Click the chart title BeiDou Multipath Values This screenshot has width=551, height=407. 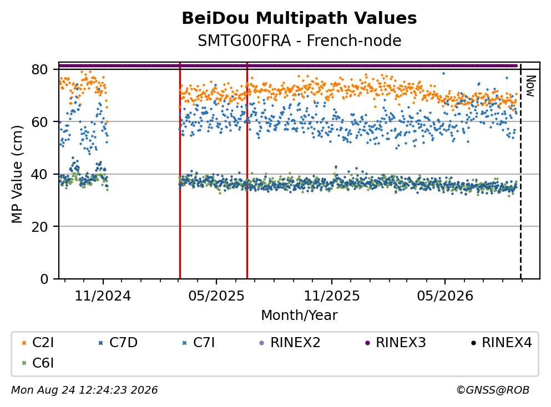pyautogui.click(x=299, y=18)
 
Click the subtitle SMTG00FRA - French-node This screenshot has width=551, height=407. pyautogui.click(x=299, y=40)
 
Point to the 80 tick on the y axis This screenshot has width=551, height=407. pyautogui.click(x=39, y=69)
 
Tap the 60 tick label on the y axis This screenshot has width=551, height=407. pyautogui.click(x=39, y=122)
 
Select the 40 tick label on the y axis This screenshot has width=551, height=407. pyautogui.click(x=39, y=174)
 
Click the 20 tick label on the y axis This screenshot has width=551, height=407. pyautogui.click(x=39, y=226)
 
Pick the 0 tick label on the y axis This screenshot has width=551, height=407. pyautogui.click(x=44, y=279)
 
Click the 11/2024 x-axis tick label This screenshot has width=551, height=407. pyautogui.click(x=103, y=296)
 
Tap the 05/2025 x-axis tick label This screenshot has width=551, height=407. pyautogui.click(x=216, y=296)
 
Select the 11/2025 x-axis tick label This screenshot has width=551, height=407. pyautogui.click(x=332, y=296)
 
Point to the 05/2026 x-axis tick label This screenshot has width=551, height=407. pyautogui.click(x=445, y=296)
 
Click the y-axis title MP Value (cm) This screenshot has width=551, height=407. pyautogui.click(x=17, y=174)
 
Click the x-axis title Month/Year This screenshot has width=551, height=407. pyautogui.click(x=299, y=315)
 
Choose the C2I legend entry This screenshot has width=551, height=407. pyautogui.click(x=38, y=342)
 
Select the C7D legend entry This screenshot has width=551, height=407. pyautogui.click(x=118, y=342)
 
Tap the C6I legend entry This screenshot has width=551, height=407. pyautogui.click(x=38, y=363)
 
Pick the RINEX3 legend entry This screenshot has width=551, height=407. pyautogui.click(x=395, y=342)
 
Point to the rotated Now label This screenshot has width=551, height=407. pyautogui.click(x=530, y=86)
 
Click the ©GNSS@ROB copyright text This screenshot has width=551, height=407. pyautogui.click(x=493, y=390)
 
